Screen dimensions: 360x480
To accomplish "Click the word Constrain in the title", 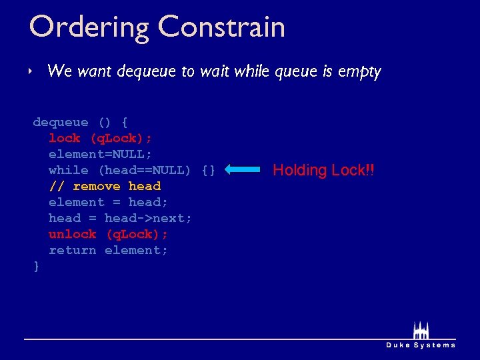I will click(222, 28).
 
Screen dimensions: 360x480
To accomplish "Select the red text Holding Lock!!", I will click(323, 170).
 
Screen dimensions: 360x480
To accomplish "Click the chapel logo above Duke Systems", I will click(420, 331).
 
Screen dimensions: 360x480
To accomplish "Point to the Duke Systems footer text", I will click(421, 345).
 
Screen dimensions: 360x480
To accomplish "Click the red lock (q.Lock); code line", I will click(100, 138).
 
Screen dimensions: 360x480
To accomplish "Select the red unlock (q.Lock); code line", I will click(108, 234).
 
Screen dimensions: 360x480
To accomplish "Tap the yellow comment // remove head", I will click(105, 186).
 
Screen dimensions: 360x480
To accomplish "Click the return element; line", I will click(108, 250).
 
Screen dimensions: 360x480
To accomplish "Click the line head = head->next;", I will click(120, 218).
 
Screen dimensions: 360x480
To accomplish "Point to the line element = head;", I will click(108, 202).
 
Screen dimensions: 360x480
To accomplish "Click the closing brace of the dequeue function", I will click(36, 266).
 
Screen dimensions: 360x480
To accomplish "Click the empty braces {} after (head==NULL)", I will click(208, 170).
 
